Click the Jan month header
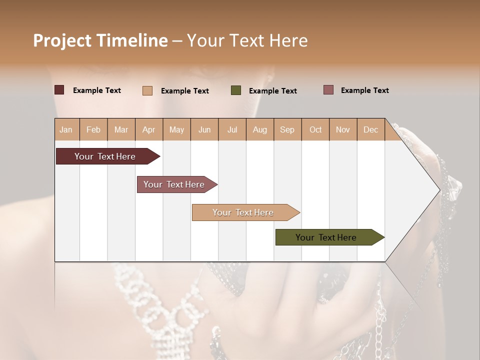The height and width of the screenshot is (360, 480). point(66,129)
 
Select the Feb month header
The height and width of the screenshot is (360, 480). point(93,129)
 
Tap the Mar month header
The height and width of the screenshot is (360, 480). point(121,129)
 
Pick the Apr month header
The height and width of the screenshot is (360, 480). point(148,129)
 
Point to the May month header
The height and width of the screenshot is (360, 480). point(176,129)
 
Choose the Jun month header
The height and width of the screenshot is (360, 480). point(204,129)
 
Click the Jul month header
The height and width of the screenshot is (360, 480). point(232,129)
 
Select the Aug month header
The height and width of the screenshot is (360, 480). point(259,129)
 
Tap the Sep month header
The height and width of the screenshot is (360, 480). point(287,129)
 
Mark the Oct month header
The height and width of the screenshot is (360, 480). point(315,129)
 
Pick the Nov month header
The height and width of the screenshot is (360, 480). point(342,129)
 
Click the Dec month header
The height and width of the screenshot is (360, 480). point(370,129)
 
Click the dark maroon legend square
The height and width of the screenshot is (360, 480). point(59,90)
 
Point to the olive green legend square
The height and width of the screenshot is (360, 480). point(236,90)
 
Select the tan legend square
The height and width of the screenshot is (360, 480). point(147,90)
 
